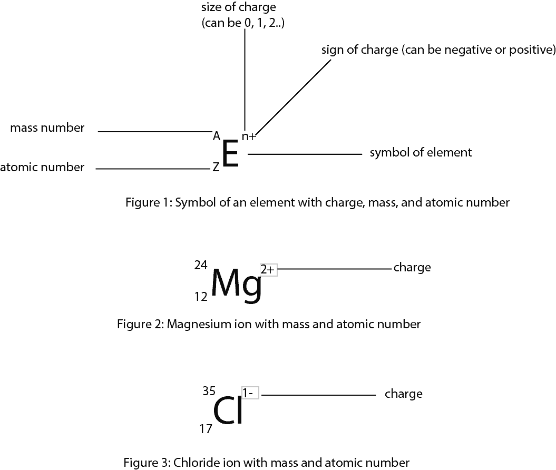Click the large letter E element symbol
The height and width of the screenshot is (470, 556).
point(230,154)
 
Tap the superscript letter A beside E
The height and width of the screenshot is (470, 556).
point(216,136)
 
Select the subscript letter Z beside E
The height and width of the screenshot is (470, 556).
point(216,168)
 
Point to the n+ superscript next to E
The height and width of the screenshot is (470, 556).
point(249,136)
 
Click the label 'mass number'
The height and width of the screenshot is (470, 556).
point(47,128)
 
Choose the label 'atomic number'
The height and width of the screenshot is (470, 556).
point(42,168)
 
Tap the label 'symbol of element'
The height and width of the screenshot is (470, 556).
point(421,153)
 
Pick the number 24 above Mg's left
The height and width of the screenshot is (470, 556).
point(200,265)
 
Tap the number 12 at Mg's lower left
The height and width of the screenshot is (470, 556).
point(200,297)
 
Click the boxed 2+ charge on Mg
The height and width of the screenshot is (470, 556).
point(268,269)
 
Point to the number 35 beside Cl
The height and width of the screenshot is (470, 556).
point(209,391)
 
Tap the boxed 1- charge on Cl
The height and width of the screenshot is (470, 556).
point(250,393)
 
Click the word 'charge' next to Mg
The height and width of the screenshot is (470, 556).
point(412,268)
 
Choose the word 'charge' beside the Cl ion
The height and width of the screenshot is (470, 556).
point(403,394)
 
